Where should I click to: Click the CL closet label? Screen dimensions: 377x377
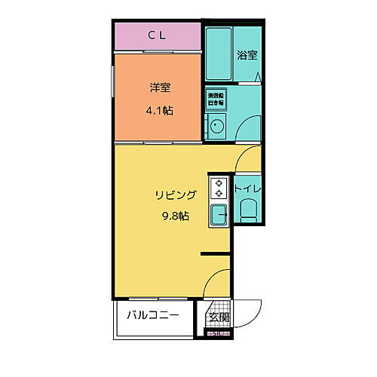pos(157,34)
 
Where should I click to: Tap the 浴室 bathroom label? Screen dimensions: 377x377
pos(247,55)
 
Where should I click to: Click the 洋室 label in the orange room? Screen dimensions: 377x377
pos(158,87)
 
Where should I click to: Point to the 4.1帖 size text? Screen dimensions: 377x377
pos(158,110)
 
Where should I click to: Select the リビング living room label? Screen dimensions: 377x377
pos(176,195)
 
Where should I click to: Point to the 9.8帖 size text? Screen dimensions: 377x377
pos(176,216)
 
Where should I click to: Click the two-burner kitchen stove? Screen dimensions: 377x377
pos(219,188)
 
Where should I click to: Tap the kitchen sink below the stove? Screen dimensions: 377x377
pos(219,217)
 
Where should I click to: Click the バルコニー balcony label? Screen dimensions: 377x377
pos(153,315)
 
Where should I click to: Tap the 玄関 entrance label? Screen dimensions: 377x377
pos(218,317)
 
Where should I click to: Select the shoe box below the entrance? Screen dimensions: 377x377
pos(217,334)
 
